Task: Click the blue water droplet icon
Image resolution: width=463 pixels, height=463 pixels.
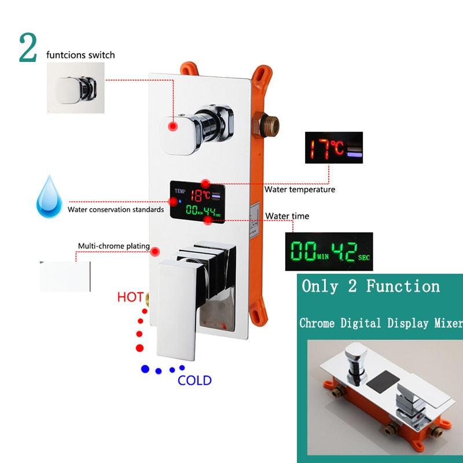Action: [49, 199]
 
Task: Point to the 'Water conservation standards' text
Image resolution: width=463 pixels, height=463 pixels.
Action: [115, 210]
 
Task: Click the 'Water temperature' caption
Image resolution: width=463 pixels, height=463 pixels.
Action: [300, 189]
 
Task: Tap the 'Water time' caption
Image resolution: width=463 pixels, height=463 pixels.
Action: [287, 216]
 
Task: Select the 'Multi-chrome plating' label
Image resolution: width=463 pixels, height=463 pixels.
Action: [113, 246]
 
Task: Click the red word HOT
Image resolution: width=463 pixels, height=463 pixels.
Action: [130, 297]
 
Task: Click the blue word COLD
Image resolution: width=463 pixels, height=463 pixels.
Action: [194, 380]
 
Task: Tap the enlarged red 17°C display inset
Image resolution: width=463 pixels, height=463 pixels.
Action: [335, 148]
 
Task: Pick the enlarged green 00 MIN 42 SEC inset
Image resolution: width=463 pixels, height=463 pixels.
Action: [329, 252]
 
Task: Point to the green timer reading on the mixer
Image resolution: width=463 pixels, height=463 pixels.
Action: [196, 213]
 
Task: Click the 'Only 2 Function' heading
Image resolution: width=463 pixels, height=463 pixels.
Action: [370, 286]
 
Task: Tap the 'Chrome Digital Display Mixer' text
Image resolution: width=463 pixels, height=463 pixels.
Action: [381, 323]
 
